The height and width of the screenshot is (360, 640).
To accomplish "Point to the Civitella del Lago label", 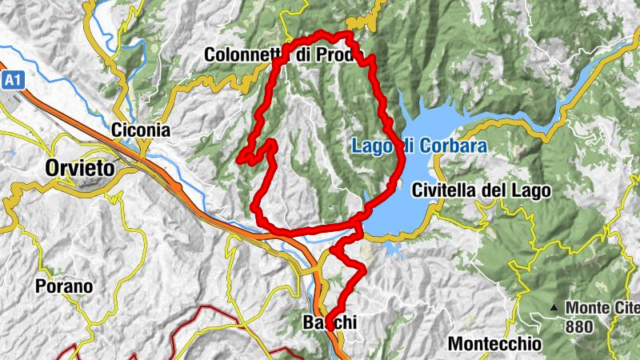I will pyautogui.click(x=482, y=190).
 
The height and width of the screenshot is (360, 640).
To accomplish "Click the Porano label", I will pyautogui.click(x=64, y=286).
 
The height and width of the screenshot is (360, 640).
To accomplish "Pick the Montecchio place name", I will pyautogui.click(x=494, y=343).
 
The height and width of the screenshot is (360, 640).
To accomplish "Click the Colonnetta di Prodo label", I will pyautogui.click(x=278, y=55).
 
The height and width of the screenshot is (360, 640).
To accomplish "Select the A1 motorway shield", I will pyautogui.click(x=10, y=80).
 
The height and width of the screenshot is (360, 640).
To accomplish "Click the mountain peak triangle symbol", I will pyautogui.click(x=554, y=307).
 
